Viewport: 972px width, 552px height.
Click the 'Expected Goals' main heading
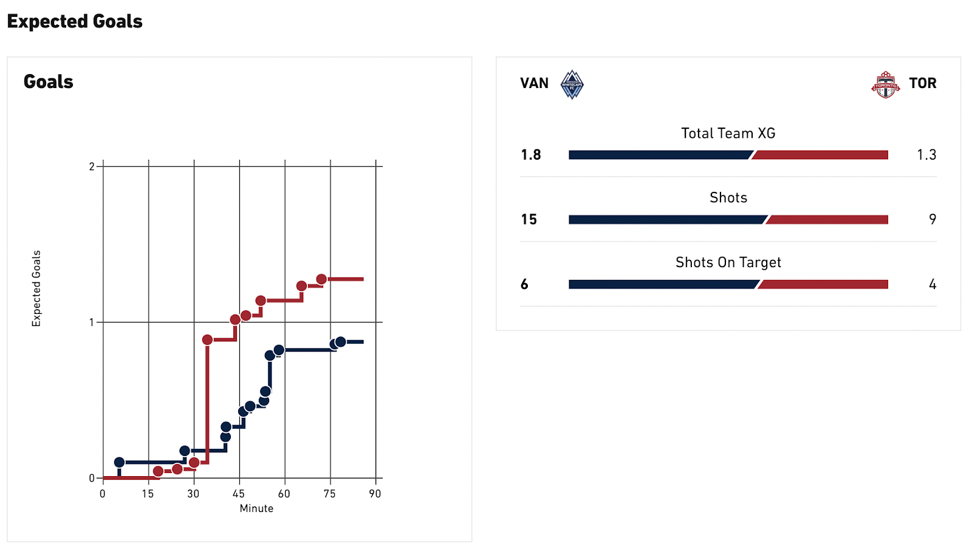point(75,21)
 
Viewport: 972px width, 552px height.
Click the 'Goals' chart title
point(49,82)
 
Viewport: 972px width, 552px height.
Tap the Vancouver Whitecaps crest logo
point(572,84)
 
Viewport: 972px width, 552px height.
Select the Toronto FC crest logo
point(885,84)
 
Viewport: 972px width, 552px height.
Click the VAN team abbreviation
point(534,83)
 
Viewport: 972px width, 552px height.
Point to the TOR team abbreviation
point(922,83)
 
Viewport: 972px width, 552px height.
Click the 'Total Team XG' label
point(728,133)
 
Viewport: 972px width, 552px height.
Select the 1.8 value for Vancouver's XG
point(530,155)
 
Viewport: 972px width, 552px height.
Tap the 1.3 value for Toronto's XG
point(926,155)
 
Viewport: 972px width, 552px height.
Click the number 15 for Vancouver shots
point(529,219)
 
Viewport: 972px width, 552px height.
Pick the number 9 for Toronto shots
point(932,219)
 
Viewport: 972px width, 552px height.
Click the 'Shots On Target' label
point(728,262)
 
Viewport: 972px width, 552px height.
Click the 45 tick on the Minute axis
point(239,494)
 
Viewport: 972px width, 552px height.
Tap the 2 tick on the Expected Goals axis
point(92,166)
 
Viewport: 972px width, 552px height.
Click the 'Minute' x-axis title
point(256,508)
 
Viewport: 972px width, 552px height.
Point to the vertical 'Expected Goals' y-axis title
point(36,288)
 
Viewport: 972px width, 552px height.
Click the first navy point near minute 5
point(119,463)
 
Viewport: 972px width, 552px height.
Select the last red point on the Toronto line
point(321,279)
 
